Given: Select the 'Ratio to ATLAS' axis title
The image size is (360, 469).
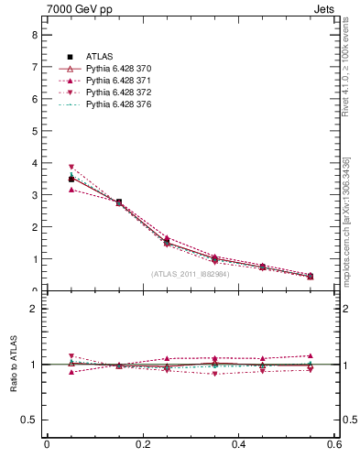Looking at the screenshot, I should (x=14, y=364).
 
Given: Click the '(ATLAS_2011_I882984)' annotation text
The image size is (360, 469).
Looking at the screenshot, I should (x=189, y=274).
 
